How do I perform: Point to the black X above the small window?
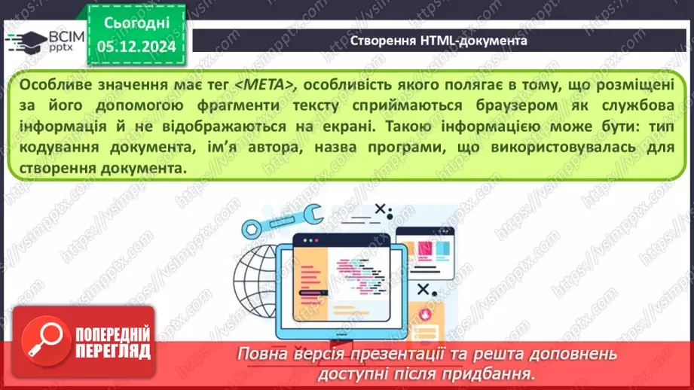382,210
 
